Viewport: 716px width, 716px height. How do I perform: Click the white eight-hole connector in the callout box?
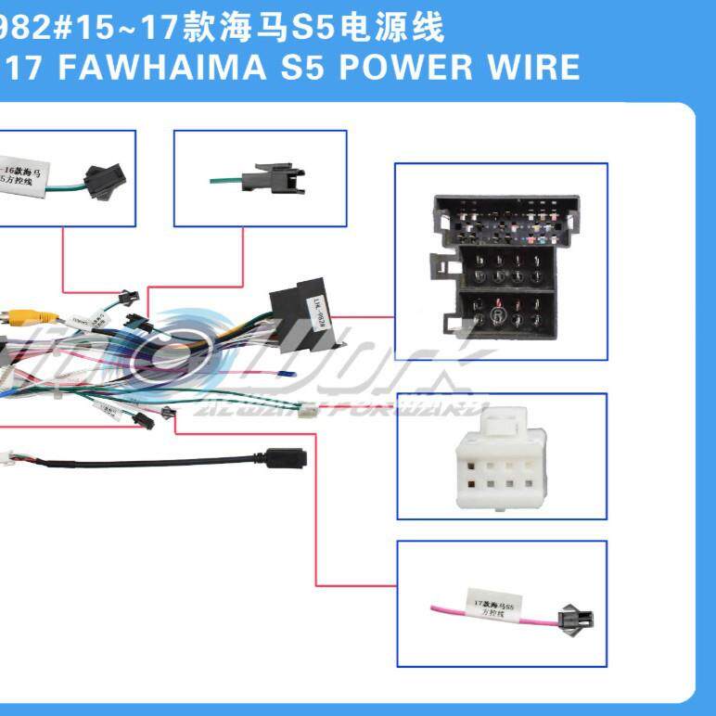tap(502, 456)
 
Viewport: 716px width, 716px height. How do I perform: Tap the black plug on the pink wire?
tap(568, 620)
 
